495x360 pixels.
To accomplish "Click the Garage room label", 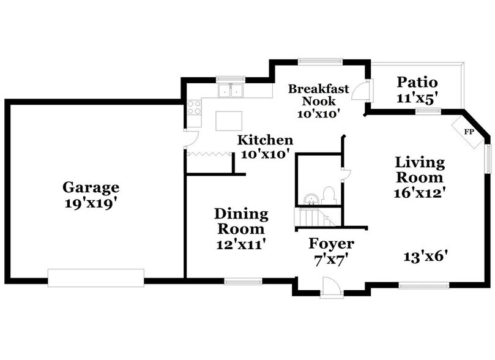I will click(91, 187).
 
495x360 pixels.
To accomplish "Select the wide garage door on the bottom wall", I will click(96, 277).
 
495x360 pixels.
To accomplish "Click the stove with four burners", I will click(195, 107).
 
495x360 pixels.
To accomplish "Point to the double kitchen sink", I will click(231, 91).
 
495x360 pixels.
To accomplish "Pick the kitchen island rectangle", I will click(230, 120).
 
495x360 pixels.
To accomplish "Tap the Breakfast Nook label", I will click(318, 95).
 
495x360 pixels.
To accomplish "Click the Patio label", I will click(417, 81).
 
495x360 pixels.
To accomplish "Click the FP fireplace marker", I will click(469, 132).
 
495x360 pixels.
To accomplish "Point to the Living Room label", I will click(419, 170).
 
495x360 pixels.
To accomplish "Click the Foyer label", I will click(331, 244).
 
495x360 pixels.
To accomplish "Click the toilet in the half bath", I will click(329, 195).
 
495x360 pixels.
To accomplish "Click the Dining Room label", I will click(241, 221).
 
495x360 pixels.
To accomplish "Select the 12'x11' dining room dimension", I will click(241, 244).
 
